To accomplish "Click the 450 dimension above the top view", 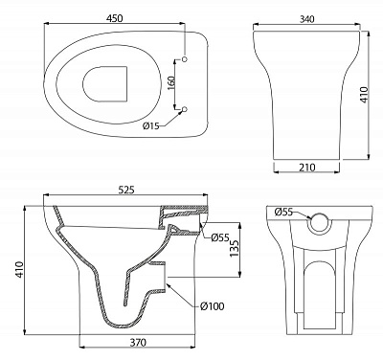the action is coord(114,18).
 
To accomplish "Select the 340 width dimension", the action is coord(306,19).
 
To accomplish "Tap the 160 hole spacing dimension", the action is coord(171,83).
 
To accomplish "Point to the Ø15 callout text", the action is coord(151,126).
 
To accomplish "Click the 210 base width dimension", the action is coord(307,167).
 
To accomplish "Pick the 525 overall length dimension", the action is coord(126,190).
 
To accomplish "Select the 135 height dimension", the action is coord(234,249).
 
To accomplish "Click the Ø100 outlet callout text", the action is coord(213,306).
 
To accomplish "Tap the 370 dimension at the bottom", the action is coord(138,343).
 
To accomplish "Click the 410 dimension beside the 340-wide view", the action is coord(364,95).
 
